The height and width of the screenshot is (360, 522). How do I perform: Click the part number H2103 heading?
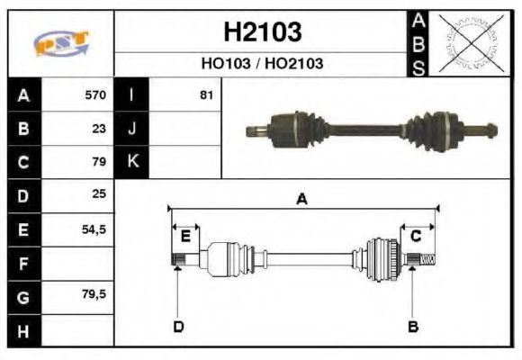click(x=262, y=31)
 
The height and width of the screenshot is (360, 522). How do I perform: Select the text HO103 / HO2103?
click(x=262, y=64)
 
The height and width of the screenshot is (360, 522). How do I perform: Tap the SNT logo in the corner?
click(x=60, y=43)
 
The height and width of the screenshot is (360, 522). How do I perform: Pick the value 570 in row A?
click(x=95, y=95)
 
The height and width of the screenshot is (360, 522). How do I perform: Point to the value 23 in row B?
click(x=99, y=129)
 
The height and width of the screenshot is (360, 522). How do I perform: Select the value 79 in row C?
click(x=99, y=162)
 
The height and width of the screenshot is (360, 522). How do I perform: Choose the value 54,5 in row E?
click(x=94, y=229)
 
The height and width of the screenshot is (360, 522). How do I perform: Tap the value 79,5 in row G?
click(x=94, y=295)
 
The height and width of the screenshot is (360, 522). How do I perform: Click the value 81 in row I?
click(x=206, y=95)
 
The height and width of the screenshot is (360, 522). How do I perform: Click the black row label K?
click(x=132, y=162)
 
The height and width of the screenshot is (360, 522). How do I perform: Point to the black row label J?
click(x=132, y=129)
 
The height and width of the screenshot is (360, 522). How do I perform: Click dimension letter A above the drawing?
click(x=301, y=200)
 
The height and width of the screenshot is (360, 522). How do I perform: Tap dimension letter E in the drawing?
click(x=185, y=237)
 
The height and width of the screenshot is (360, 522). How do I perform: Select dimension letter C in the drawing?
click(x=416, y=237)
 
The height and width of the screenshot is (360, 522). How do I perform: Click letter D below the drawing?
click(x=178, y=326)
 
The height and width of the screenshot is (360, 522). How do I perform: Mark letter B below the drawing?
click(x=412, y=326)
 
